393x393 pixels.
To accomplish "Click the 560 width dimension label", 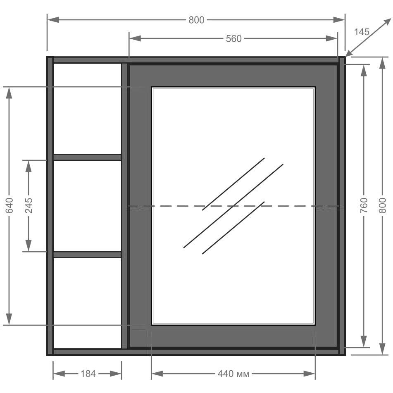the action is (x=233, y=38).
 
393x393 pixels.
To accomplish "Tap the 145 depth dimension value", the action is (x=362, y=32).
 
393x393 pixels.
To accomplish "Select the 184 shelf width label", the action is (x=88, y=374).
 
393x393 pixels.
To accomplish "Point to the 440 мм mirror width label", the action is (x=233, y=374).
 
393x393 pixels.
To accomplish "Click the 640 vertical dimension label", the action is (x=9, y=205).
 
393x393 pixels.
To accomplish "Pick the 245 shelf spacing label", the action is (x=29, y=205).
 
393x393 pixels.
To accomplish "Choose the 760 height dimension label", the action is (x=364, y=205).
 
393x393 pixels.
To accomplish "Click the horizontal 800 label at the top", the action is (x=197, y=20).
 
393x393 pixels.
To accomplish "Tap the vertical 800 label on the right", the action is (x=383, y=205).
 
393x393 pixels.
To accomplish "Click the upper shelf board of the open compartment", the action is (x=88, y=157).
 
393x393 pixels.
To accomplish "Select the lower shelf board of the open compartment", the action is (x=88, y=255).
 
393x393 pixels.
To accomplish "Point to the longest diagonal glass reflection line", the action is (x=233, y=206).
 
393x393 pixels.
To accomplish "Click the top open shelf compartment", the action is (x=88, y=109).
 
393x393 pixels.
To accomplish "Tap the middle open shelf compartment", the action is (x=88, y=206).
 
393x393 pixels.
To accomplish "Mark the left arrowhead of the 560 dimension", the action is (x=135, y=38).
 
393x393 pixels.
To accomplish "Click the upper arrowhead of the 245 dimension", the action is (x=29, y=166).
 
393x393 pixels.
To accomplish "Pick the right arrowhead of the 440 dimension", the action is (x=309, y=374).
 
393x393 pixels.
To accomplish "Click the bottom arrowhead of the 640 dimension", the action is (x=9, y=319).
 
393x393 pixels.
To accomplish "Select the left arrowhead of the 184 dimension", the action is (x=59, y=374).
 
